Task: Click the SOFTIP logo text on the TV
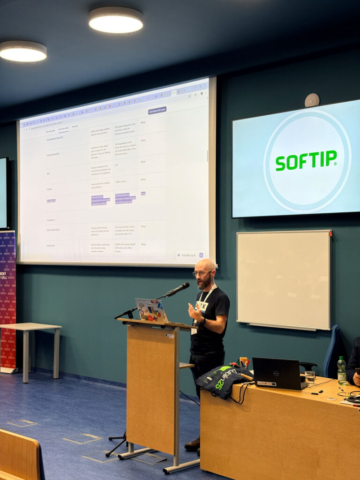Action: point(306,160)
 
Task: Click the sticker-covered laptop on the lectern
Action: point(151,310)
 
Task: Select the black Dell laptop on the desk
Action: point(276,373)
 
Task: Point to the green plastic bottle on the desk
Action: point(342,371)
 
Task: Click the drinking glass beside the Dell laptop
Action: point(309,377)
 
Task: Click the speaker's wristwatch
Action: point(202,322)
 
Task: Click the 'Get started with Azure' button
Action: point(157,111)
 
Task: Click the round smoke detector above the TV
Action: point(312,100)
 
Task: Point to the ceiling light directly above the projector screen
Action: point(116,20)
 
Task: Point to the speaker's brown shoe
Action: point(193,444)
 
